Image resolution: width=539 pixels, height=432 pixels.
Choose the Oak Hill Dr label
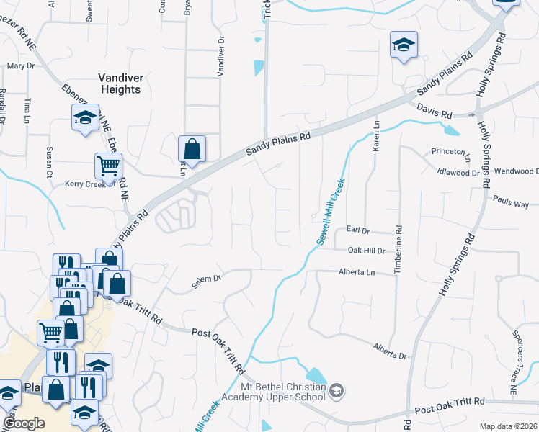367,251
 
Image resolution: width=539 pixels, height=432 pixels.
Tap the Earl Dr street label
357,230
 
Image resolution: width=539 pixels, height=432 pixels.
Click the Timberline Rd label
397,249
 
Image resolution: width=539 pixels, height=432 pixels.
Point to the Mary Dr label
21,66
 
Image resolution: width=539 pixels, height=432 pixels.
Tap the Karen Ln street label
375,136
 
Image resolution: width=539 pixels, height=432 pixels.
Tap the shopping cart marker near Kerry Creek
108,165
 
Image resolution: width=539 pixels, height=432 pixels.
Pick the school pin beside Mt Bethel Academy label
337,391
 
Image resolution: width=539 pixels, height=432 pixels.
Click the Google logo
24,423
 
